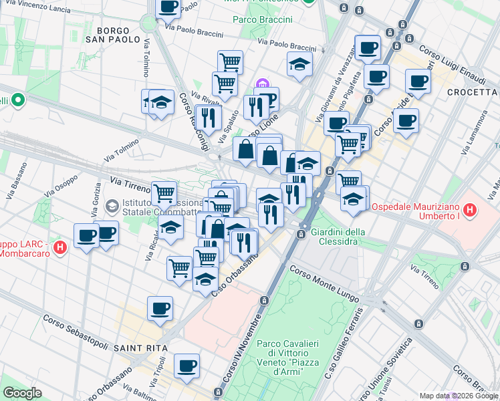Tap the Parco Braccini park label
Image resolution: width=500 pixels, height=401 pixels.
click(x=263, y=19)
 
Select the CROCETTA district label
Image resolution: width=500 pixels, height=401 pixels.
click(x=473, y=92)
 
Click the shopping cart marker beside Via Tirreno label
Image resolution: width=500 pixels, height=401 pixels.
click(x=164, y=193)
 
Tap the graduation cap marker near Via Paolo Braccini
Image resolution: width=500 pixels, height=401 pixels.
click(x=299, y=64)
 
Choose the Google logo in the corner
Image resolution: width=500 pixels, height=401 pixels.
click(x=22, y=393)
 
